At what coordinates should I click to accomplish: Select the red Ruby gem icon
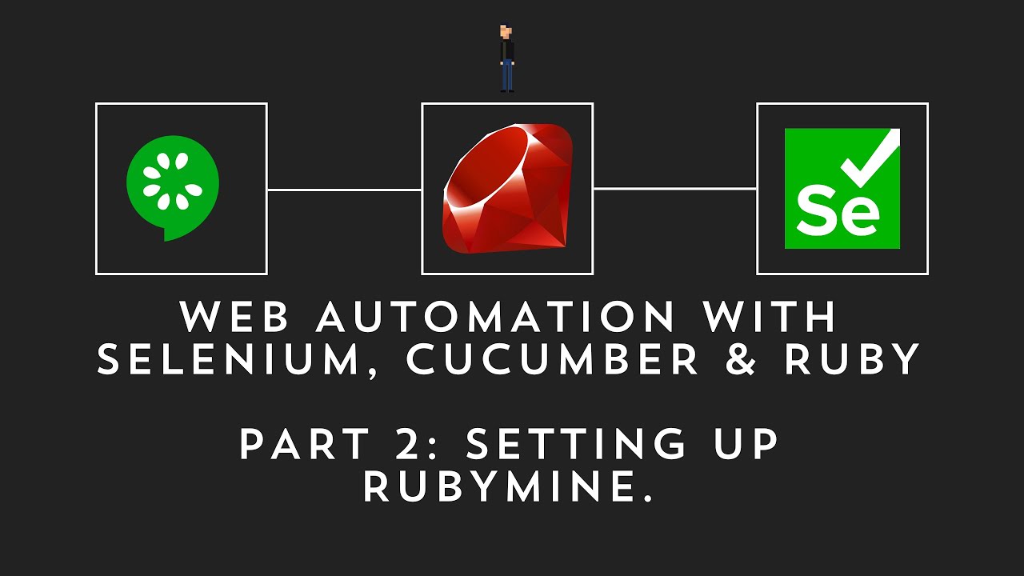(507, 188)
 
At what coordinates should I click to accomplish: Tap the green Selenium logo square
(842, 188)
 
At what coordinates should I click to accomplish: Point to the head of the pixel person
(506, 32)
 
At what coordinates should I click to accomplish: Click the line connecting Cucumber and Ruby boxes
(344, 190)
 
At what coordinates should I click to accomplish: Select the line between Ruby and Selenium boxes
(674, 190)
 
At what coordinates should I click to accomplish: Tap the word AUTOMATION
(496, 318)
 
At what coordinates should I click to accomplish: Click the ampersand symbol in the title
(743, 362)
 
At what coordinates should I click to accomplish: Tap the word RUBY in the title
(853, 362)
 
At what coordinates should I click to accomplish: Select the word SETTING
(577, 445)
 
